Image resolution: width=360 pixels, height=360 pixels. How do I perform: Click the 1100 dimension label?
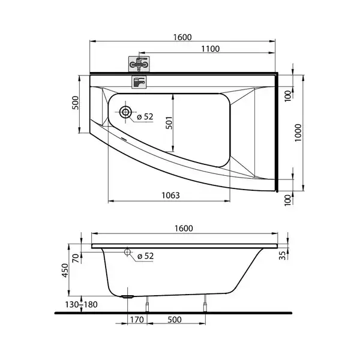[211, 49]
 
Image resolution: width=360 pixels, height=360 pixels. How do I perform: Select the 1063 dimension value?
[170, 196]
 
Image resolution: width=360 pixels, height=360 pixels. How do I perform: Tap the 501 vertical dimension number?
[169, 122]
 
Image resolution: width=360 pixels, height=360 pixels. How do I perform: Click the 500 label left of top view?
[76, 103]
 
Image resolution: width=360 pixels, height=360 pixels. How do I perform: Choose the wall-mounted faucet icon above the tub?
[139, 64]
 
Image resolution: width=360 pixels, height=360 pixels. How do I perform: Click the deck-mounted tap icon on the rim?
[139, 82]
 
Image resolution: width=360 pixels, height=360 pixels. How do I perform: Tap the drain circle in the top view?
[125, 112]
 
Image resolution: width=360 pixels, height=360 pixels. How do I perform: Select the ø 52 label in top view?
[145, 116]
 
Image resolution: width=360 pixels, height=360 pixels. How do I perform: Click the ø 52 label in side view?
[145, 256]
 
